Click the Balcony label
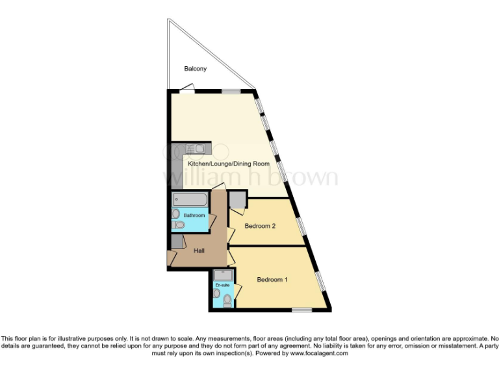tap(195, 68)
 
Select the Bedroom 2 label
tap(260, 226)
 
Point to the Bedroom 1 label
tap(272, 280)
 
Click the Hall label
tap(200, 251)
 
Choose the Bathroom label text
tap(194, 215)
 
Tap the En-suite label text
tap(222, 285)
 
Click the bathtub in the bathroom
tap(190, 200)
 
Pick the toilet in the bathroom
tap(178, 225)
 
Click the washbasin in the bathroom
tap(175, 214)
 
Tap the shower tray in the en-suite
tap(222, 275)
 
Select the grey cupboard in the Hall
tap(177, 242)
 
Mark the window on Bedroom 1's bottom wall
tap(301, 310)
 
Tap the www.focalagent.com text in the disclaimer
tap(319, 354)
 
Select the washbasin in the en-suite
tap(216, 293)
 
